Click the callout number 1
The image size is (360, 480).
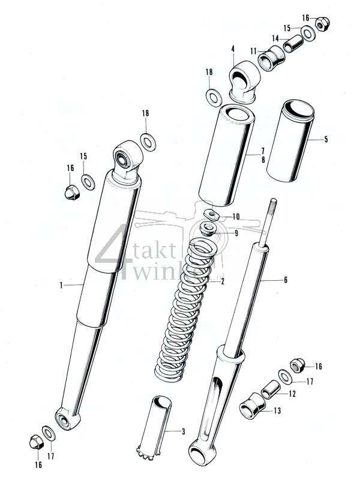click(61, 286)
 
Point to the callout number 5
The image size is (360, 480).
click(326, 139)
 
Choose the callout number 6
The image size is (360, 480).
click(286, 280)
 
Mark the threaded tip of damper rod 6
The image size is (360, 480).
click(274, 208)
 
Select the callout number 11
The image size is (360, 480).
click(253, 50)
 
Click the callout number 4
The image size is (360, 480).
click(232, 58)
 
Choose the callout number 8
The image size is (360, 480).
click(262, 160)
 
